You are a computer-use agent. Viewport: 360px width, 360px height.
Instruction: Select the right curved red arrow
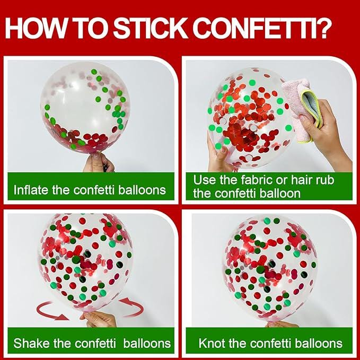coord(133,306)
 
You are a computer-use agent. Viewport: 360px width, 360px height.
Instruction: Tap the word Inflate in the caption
coord(31,190)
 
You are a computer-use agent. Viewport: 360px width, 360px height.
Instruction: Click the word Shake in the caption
coord(31,344)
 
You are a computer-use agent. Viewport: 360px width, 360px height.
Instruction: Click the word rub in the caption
coord(325,180)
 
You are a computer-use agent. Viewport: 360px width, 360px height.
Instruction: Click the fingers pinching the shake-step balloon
coord(99,319)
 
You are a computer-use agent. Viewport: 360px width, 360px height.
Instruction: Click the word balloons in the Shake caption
coord(147,344)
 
